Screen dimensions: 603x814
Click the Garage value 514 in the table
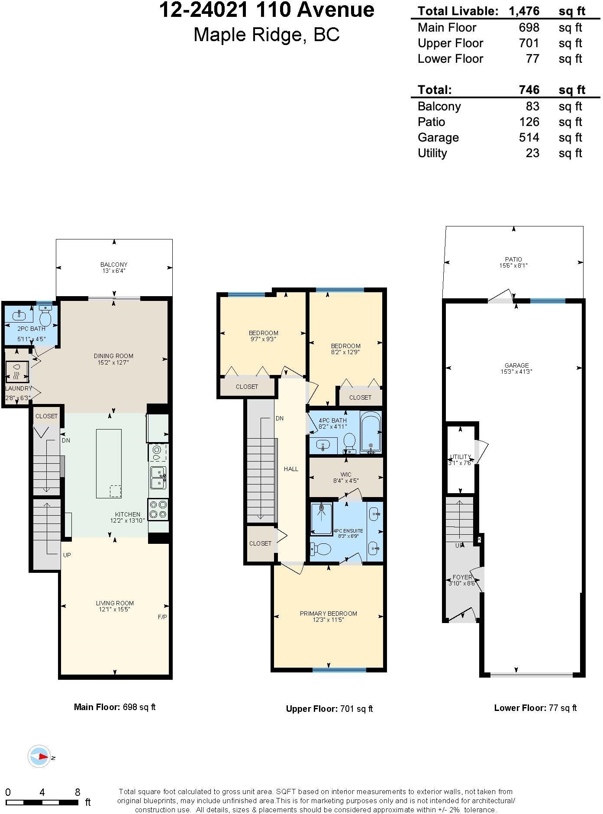pyautogui.click(x=529, y=138)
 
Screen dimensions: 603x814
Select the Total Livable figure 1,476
pyautogui.click(x=524, y=11)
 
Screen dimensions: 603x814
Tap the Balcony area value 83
pyautogui.click(x=532, y=107)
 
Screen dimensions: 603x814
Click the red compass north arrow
pyautogui.click(x=42, y=756)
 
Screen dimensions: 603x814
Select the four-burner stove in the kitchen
pyautogui.click(x=158, y=509)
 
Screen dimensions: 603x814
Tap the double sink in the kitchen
pyautogui.click(x=158, y=477)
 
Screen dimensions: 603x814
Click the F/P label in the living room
pyautogui.click(x=162, y=617)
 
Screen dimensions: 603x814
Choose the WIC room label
pyautogui.click(x=346, y=475)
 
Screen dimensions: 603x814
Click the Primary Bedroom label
pyautogui.click(x=329, y=614)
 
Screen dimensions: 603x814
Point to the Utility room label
pyautogui.click(x=460, y=457)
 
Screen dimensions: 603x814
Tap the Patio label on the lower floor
pyautogui.click(x=513, y=259)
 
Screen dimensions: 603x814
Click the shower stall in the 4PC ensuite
pyautogui.click(x=322, y=519)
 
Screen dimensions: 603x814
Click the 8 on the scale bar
pyautogui.click(x=77, y=792)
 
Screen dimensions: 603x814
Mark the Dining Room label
pyautogui.click(x=113, y=356)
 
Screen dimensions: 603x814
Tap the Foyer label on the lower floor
pyautogui.click(x=462, y=577)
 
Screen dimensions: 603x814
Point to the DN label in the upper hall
pyautogui.click(x=280, y=418)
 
